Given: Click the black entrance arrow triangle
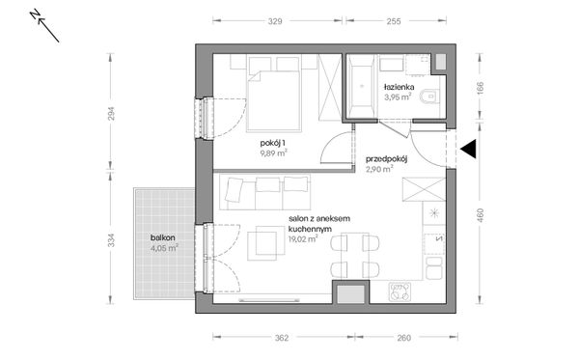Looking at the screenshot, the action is pos(470,150).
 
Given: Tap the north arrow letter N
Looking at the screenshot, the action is pos(35,14).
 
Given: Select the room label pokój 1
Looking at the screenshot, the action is pos(273,143).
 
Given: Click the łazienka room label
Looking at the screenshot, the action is pos(399,87).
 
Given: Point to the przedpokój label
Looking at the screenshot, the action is pos(386,159).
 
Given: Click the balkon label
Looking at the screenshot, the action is pos(162,237).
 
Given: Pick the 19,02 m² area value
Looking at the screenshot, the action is pos(303,239).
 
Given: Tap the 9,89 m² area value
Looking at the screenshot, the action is pos(274,152).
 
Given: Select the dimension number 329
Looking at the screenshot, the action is pos(275,21).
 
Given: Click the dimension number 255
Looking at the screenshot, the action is pos(394,21).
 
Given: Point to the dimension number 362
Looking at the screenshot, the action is pos(282,338).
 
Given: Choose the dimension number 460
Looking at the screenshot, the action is pos(480,215).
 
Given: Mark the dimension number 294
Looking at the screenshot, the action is pos(111,113).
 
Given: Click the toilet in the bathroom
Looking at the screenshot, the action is pos(430,97).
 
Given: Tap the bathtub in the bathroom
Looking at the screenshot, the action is pos(362,87).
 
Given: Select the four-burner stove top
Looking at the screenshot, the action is pos(400,291).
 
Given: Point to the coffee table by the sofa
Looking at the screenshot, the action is pos(266,243).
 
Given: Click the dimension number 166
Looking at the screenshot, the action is pos(480,88).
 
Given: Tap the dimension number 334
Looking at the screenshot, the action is pos(111,240).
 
